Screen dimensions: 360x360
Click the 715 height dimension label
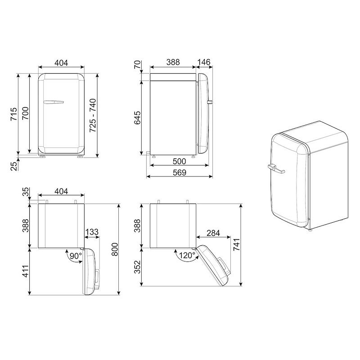coord(14,114)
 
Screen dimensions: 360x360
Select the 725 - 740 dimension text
coord(93,115)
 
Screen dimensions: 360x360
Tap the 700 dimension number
coord(25,113)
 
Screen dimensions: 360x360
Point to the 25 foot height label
coord(14,166)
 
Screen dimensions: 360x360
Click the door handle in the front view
coord(53,102)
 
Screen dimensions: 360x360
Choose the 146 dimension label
coord(204,62)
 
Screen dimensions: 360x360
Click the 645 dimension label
coord(137,118)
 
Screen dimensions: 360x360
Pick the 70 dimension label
coord(137,64)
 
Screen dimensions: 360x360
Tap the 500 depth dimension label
coord(179,162)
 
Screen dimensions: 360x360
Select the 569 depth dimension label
coord(179,172)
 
